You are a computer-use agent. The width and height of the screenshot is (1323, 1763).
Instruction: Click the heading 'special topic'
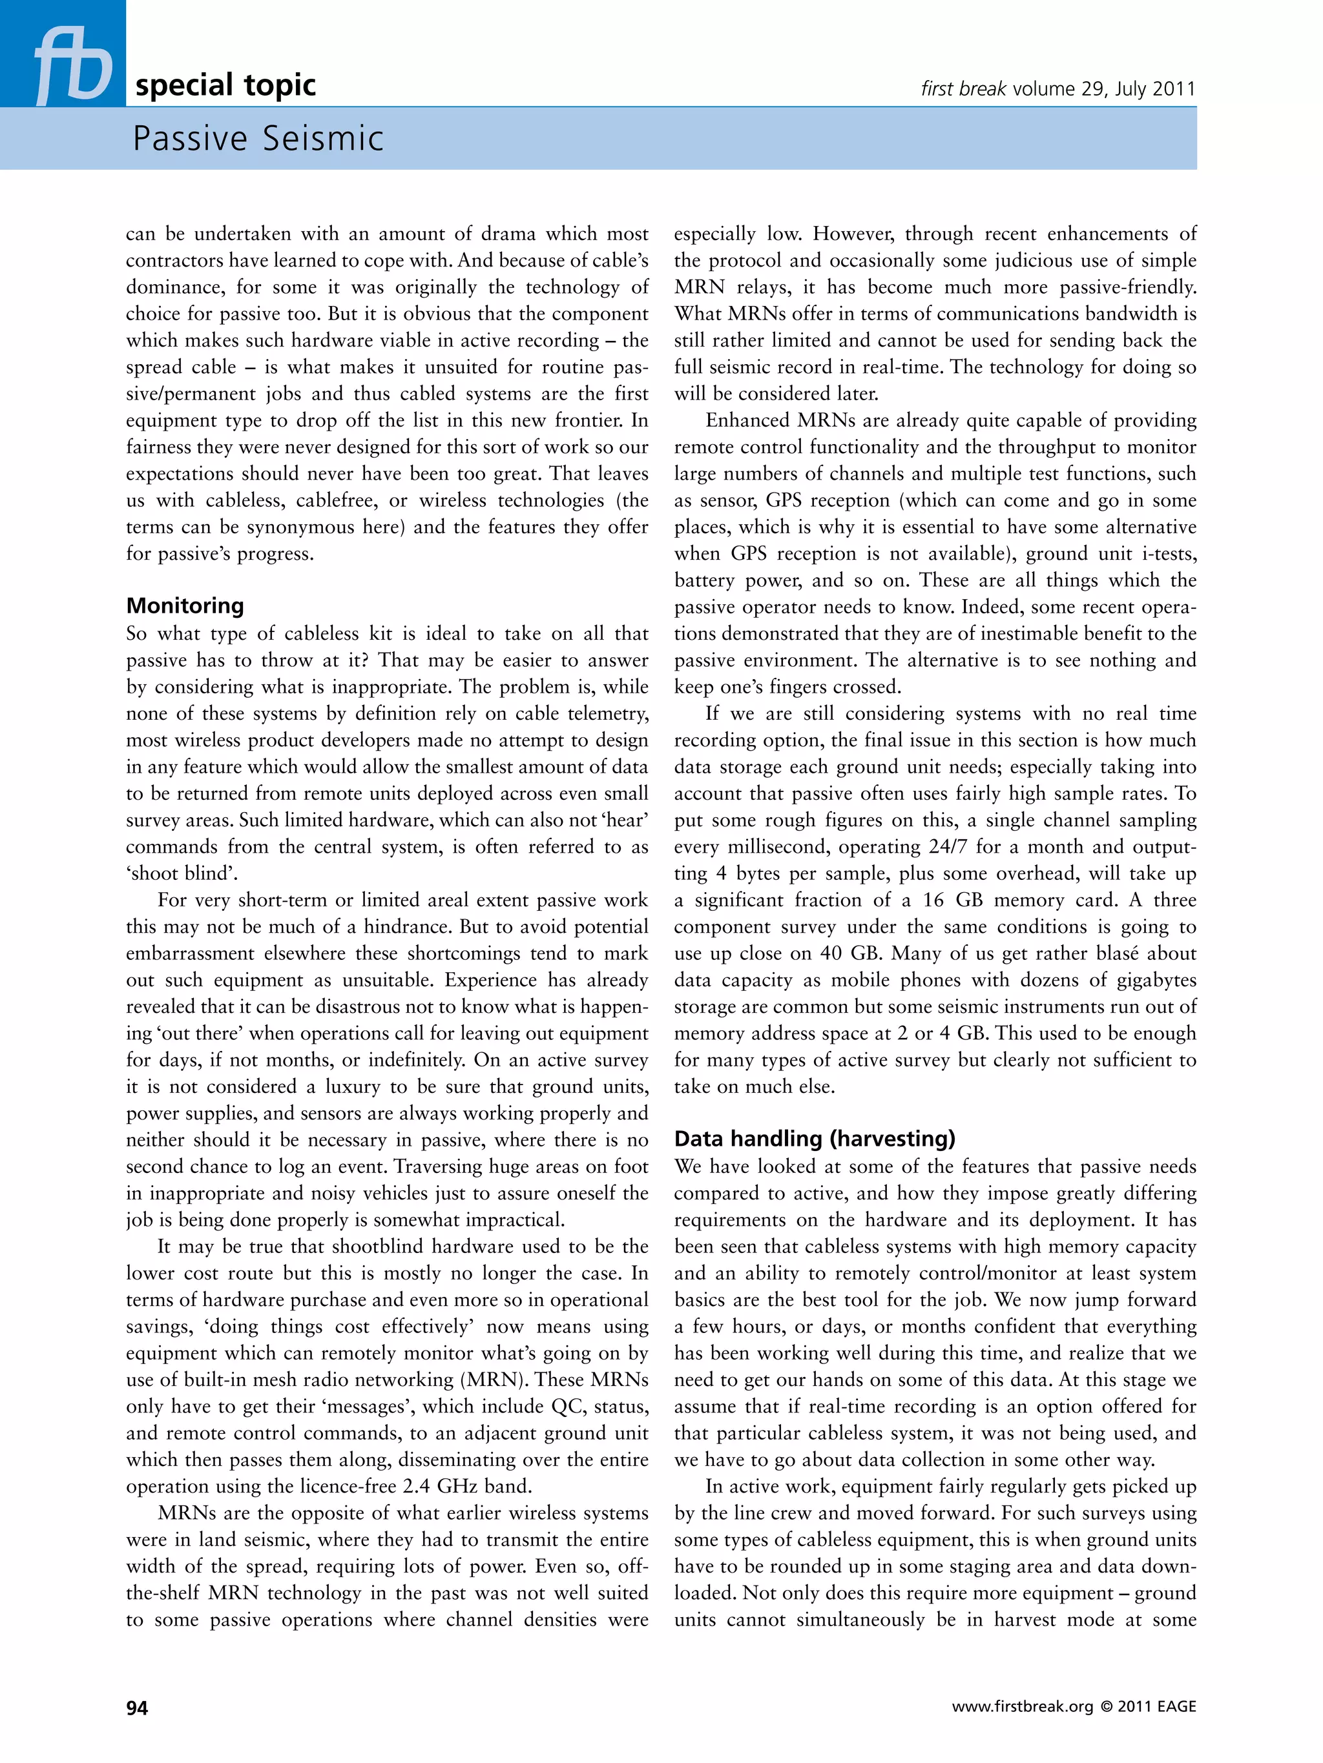point(225,85)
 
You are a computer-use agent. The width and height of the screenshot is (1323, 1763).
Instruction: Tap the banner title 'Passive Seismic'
point(258,139)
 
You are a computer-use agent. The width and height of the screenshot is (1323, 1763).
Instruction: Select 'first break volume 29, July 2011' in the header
point(1057,88)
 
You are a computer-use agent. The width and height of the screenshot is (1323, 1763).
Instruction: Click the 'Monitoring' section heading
point(185,606)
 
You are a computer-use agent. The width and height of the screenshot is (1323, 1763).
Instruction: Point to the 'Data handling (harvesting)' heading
point(814,1139)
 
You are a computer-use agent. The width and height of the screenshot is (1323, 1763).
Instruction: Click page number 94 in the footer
point(137,1707)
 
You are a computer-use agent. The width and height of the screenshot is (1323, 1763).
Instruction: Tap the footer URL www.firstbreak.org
point(1023,1707)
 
